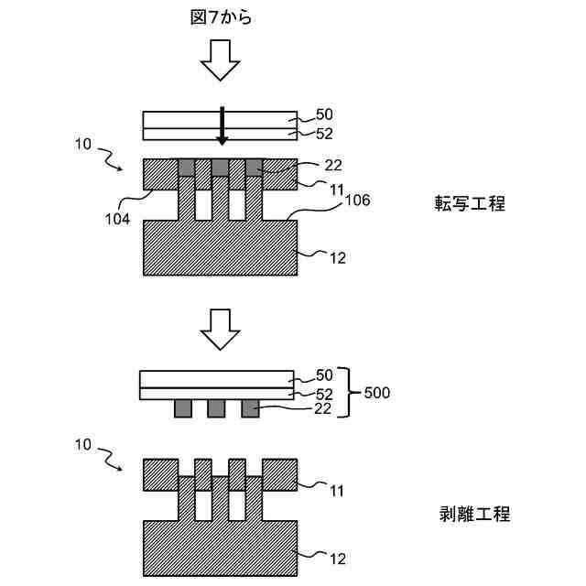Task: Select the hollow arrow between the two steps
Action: (x=220, y=330)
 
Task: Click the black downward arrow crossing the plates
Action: (x=221, y=125)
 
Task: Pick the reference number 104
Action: (x=116, y=219)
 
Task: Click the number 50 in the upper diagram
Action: (x=324, y=115)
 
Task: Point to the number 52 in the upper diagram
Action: (x=324, y=134)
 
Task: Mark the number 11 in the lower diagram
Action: (x=337, y=491)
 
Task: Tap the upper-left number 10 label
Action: (x=81, y=144)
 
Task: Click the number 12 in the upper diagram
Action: (x=337, y=257)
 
